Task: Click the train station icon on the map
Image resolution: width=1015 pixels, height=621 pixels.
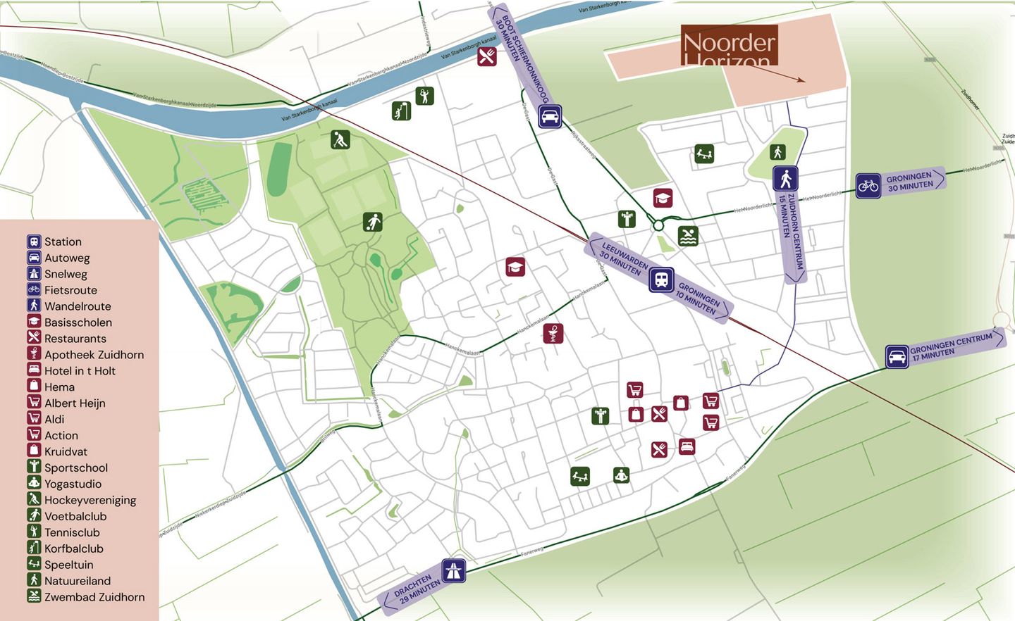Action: coord(661,280)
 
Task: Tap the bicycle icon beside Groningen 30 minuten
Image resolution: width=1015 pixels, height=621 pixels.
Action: coord(868,186)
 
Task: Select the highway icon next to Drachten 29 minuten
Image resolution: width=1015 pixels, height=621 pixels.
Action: coord(454,570)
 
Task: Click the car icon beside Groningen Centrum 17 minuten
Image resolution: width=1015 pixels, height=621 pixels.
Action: coord(897,356)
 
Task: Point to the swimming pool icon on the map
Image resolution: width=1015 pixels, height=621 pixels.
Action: coord(688,236)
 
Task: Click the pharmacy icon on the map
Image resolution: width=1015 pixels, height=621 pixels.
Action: coord(553,333)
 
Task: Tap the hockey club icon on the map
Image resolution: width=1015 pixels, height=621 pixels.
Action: coord(340,139)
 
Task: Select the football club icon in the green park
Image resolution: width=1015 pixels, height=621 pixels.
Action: coord(373,222)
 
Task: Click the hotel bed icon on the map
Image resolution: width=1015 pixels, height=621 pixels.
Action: coord(687,446)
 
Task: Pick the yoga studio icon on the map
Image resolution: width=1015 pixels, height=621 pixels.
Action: coord(620,475)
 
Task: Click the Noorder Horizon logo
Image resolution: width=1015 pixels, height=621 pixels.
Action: coord(729,46)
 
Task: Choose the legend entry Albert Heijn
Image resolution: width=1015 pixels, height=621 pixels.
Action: coord(75,403)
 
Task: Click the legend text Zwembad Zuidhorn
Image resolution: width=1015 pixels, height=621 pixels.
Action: coord(94,596)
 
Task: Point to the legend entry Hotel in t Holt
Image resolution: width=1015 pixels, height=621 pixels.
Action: coord(80,370)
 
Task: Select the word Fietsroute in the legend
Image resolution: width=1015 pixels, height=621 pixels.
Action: coord(70,290)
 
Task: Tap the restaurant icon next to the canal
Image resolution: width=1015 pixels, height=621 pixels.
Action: coord(486,56)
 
